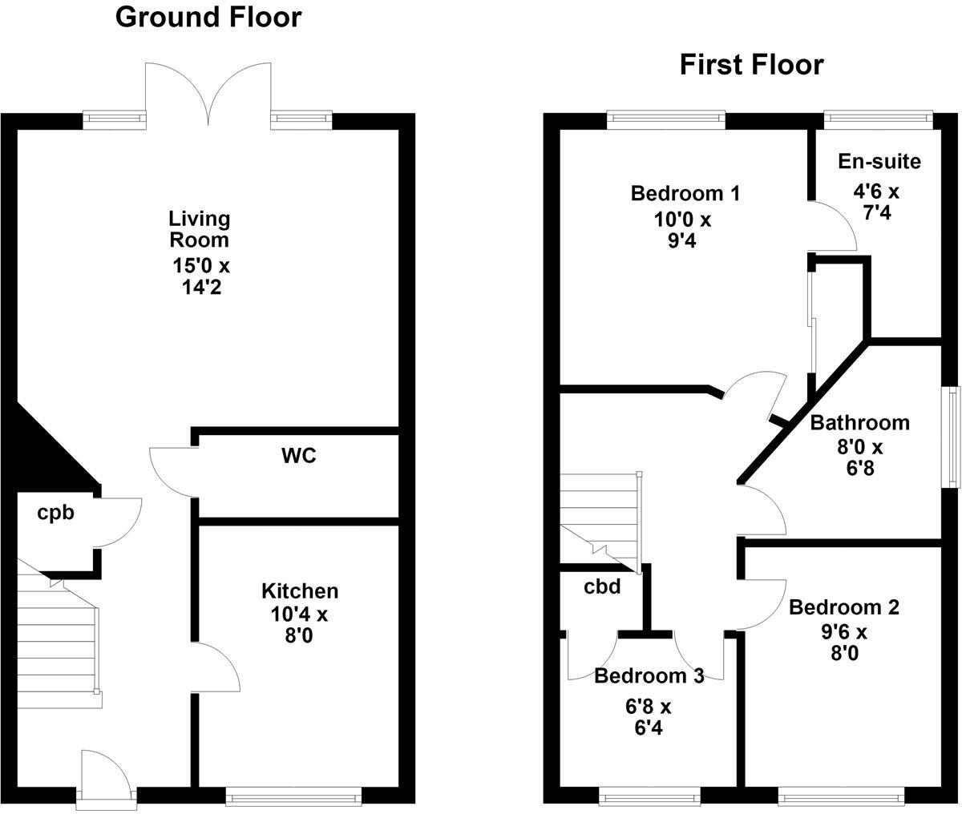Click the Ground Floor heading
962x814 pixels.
pos(208,18)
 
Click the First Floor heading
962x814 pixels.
pos(752,66)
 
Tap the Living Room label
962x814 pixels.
pos(199,230)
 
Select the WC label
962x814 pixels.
pos(299,457)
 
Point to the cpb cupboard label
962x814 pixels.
pos(55,514)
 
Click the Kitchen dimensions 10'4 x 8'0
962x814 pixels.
pos(299,625)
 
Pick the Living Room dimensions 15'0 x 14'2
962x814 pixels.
pos(201,276)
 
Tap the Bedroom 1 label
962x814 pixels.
pos(685,194)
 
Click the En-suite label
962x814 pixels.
pos(879,162)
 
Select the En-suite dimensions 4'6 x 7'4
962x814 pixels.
pos(876,203)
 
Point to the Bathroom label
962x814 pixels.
pos(859,423)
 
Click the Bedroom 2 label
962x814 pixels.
pos(844,607)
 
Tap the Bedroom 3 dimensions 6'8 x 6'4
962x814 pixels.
pos(649,717)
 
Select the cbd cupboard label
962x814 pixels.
pos(602,587)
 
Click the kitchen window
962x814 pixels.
pos(293,797)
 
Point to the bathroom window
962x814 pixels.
pos(952,437)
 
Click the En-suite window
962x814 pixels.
pos(879,119)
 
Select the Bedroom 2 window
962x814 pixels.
pos(841,797)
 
